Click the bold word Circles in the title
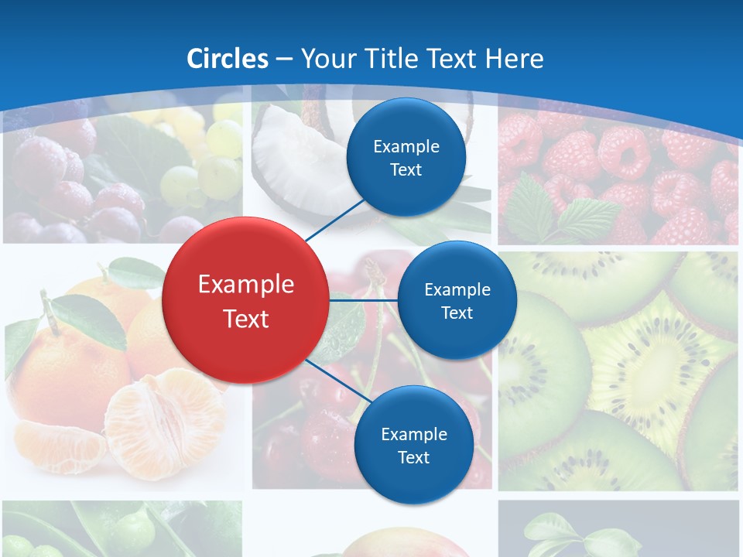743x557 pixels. point(228,58)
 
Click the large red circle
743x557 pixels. point(246,300)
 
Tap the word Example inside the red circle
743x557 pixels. point(246,284)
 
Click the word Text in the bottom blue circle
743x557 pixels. point(413,457)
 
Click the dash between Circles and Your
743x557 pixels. point(284,59)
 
